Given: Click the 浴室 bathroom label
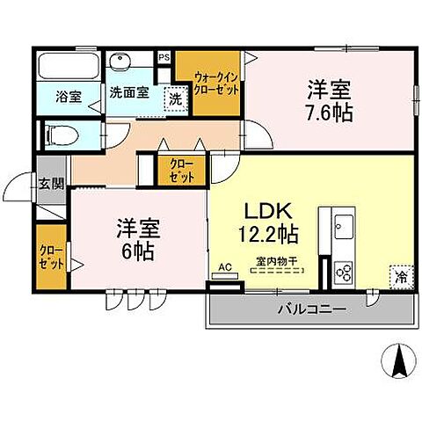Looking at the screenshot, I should pyautogui.click(x=69, y=97).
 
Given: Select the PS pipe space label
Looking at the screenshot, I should pyautogui.click(x=164, y=59).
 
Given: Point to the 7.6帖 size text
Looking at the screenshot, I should pyautogui.click(x=331, y=113).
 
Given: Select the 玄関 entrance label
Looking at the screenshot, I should pyautogui.click(x=50, y=184).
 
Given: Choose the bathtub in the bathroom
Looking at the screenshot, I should pyautogui.click(x=69, y=66).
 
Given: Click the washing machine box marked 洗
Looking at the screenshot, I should pyautogui.click(x=176, y=98).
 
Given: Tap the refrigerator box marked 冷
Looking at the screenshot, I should pyautogui.click(x=400, y=275).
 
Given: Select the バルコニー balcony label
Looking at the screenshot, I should pyautogui.click(x=311, y=309).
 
